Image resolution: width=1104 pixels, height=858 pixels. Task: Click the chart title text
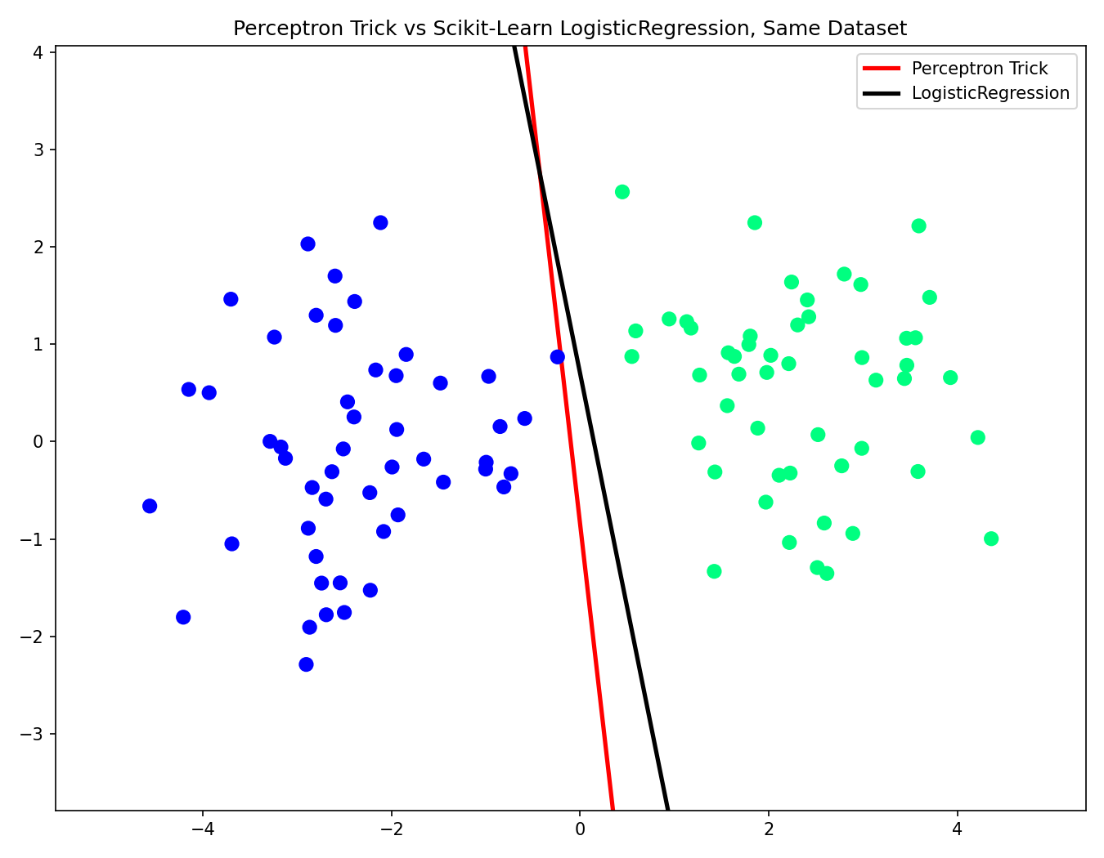pyautogui.click(x=569, y=29)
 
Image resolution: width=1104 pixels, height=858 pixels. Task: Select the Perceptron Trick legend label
pyautogui.click(x=980, y=69)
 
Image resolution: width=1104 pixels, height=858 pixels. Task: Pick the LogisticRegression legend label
pyautogui.click(x=990, y=93)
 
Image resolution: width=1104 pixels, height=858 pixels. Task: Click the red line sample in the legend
pyautogui.click(x=882, y=69)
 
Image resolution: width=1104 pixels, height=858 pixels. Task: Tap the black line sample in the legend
pyautogui.click(x=882, y=93)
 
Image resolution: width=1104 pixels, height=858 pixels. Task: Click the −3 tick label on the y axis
pyautogui.click(x=32, y=734)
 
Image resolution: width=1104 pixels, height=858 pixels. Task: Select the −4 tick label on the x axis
pyautogui.click(x=203, y=829)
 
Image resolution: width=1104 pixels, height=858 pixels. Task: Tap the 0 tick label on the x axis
pyautogui.click(x=580, y=829)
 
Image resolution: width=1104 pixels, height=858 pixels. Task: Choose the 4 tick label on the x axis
pyautogui.click(x=957, y=829)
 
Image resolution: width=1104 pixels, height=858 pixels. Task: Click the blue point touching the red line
pyautogui.click(x=558, y=357)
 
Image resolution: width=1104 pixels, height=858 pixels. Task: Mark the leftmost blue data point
pyautogui.click(x=150, y=506)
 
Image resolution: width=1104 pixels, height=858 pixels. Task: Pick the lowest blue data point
pyautogui.click(x=306, y=664)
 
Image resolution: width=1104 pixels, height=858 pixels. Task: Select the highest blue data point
pyautogui.click(x=380, y=222)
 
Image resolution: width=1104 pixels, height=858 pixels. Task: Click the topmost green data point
pyautogui.click(x=622, y=192)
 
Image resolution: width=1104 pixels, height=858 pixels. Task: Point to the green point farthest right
pyautogui.click(x=990, y=538)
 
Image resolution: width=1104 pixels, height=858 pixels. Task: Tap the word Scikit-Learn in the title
pyautogui.click(x=493, y=29)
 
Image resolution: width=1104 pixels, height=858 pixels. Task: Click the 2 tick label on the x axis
pyautogui.click(x=769, y=829)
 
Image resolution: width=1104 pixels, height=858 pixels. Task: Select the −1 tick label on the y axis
pyautogui.click(x=32, y=539)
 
